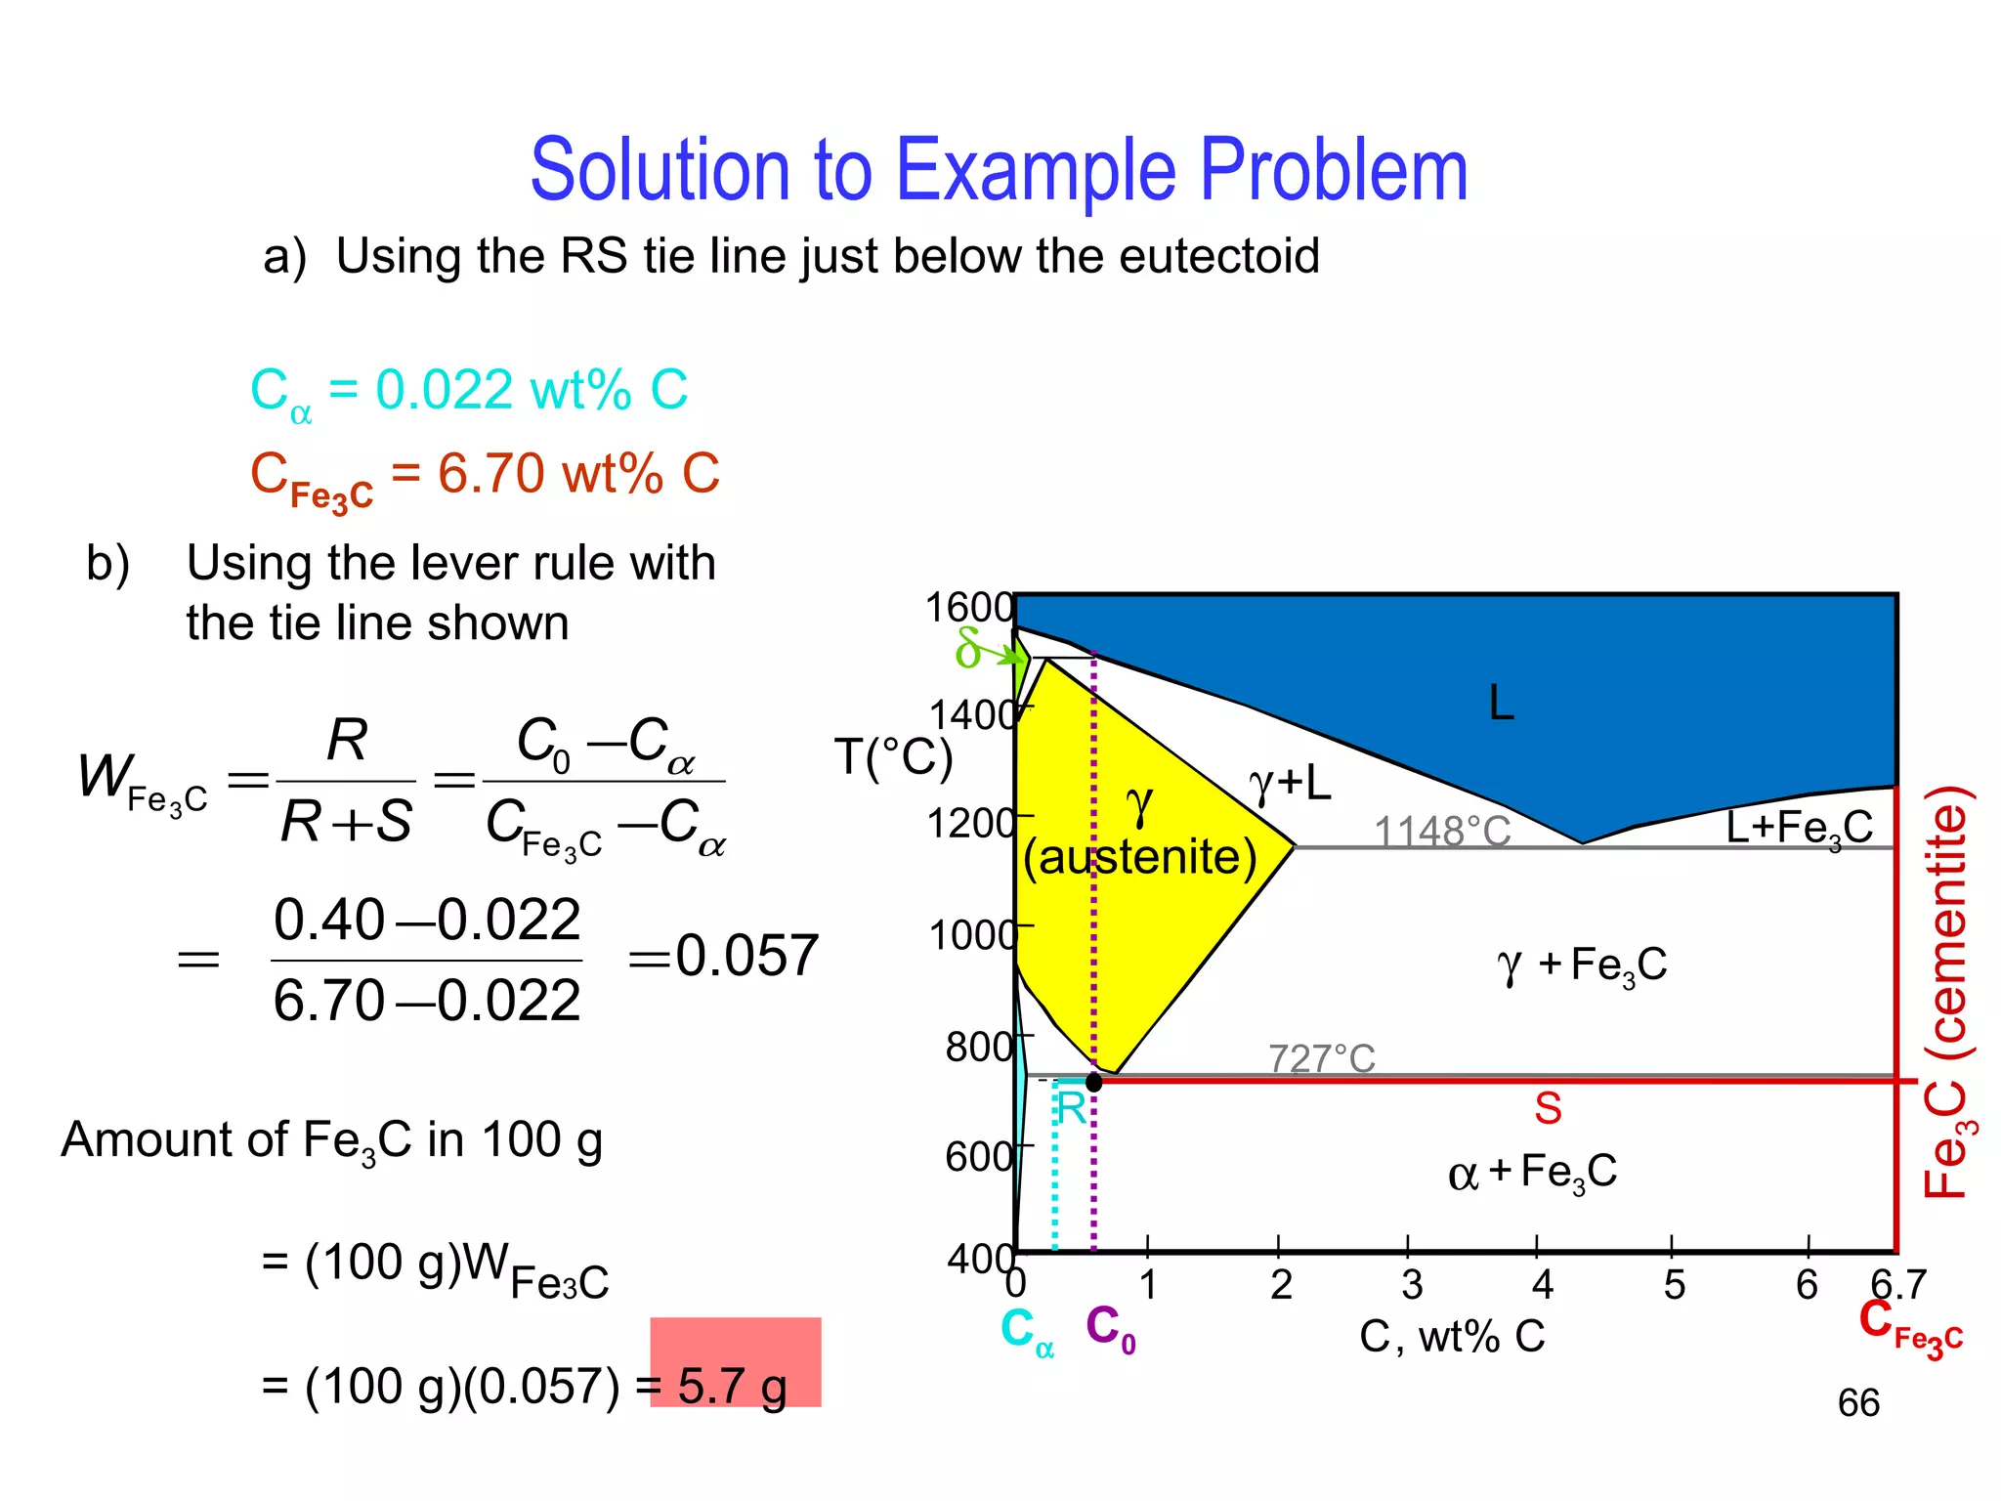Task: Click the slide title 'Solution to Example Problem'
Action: (x=999, y=170)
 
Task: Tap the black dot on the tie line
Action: (x=1094, y=1082)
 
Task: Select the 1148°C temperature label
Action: (x=1442, y=833)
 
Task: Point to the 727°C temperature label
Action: (x=1321, y=1058)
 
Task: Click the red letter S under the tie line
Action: (x=1548, y=1109)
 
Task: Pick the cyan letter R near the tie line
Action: (x=1071, y=1109)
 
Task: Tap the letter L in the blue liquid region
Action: (x=1501, y=704)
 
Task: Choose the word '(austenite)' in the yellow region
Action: (x=1139, y=858)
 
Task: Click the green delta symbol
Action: (x=968, y=648)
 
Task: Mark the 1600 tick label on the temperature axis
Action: (x=969, y=608)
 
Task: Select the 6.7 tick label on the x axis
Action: (x=1897, y=1284)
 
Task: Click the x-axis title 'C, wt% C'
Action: (x=1452, y=1337)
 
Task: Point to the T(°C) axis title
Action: (x=893, y=758)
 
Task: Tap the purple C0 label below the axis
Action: (x=1110, y=1329)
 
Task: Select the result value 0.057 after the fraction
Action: (x=746, y=956)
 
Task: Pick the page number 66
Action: (x=1858, y=1403)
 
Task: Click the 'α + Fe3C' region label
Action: (x=1532, y=1173)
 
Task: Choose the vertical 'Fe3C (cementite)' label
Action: (x=1948, y=991)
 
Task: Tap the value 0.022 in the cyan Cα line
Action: (x=445, y=390)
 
